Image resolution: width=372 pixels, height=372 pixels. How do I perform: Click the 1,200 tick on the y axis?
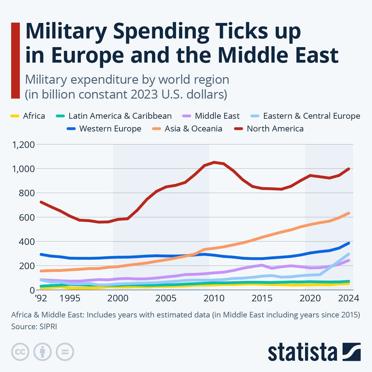pyautogui.click(x=23, y=144)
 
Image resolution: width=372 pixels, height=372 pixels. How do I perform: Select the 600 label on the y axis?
pyautogui.click(x=27, y=217)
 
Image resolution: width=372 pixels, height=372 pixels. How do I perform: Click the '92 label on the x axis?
pyautogui.click(x=41, y=298)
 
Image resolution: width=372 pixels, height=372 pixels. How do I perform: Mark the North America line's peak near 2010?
pyautogui.click(x=214, y=162)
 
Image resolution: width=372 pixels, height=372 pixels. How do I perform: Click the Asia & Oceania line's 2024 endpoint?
pyautogui.click(x=349, y=213)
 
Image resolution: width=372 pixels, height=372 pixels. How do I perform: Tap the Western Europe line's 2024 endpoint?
pyautogui.click(x=349, y=243)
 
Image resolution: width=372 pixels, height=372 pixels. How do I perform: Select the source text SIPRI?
pyautogui.click(x=48, y=326)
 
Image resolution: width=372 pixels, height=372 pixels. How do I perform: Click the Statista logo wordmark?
pyautogui.click(x=303, y=352)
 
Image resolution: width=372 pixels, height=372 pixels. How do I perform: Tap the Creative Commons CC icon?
pyautogui.click(x=20, y=352)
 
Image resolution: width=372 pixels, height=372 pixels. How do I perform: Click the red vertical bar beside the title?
pyautogui.click(x=15, y=60)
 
